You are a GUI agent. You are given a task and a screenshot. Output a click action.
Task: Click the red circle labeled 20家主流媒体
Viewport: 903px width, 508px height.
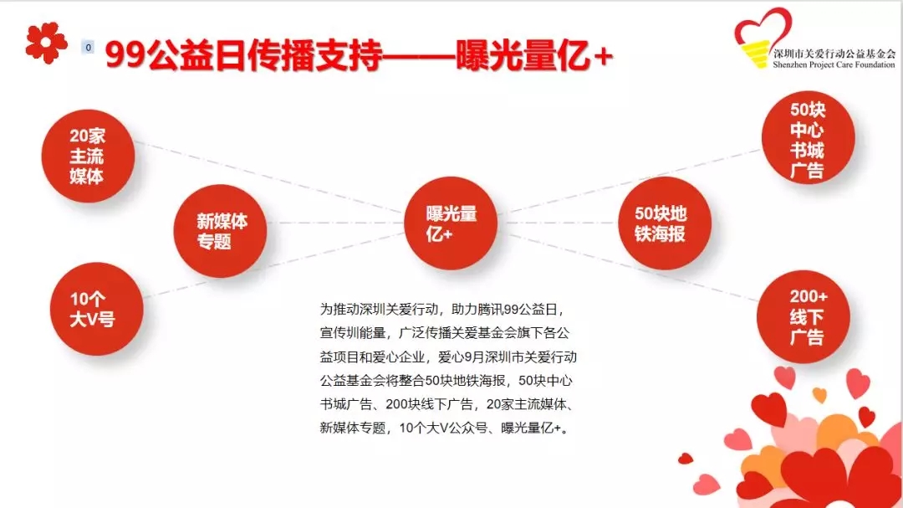pyautogui.click(x=88, y=156)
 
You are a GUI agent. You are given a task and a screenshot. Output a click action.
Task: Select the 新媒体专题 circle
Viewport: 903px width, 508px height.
pyautogui.click(x=221, y=231)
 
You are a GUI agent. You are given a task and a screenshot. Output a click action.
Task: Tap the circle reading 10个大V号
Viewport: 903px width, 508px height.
pyautogui.click(x=97, y=309)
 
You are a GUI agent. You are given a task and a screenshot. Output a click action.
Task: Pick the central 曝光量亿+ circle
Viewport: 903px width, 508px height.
pyautogui.click(x=451, y=223)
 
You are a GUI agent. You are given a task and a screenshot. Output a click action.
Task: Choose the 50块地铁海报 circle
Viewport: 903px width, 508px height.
pyautogui.click(x=665, y=223)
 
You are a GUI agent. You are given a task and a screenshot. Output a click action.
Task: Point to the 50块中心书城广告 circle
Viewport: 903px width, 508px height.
pyautogui.click(x=808, y=138)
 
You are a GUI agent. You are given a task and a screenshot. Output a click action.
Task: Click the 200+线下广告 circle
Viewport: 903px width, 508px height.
pyautogui.click(x=804, y=316)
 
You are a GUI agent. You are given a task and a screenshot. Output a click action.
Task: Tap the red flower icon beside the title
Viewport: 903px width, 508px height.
pyautogui.click(x=46, y=43)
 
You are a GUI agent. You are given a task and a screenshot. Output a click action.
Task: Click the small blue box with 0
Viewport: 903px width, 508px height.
pyautogui.click(x=88, y=47)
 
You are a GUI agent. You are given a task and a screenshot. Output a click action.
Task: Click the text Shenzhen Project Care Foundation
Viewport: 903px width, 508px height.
pyautogui.click(x=834, y=64)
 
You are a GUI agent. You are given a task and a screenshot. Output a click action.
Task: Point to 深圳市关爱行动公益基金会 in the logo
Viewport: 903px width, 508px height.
pyautogui.click(x=834, y=54)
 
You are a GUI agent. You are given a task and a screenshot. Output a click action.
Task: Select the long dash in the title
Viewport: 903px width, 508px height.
pyautogui.click(x=419, y=57)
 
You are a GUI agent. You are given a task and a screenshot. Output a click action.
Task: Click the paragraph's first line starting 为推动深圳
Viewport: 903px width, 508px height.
pyautogui.click(x=442, y=310)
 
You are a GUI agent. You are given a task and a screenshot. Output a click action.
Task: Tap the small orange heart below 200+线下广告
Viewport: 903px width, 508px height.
pyautogui.click(x=819, y=394)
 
